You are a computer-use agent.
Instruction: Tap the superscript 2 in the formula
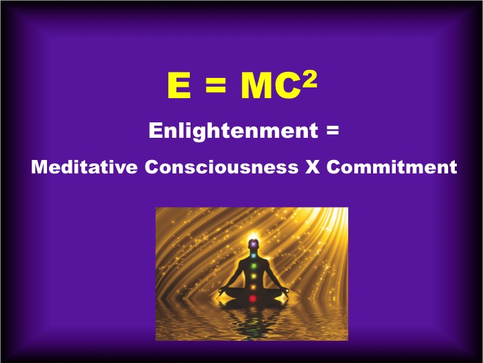point(309,80)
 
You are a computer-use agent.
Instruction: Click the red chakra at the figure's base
point(253,298)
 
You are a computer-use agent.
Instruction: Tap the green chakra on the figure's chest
point(253,266)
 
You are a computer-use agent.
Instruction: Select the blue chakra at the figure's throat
point(253,255)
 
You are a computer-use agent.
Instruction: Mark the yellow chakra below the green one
point(253,276)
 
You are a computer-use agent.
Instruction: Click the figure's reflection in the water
point(253,323)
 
